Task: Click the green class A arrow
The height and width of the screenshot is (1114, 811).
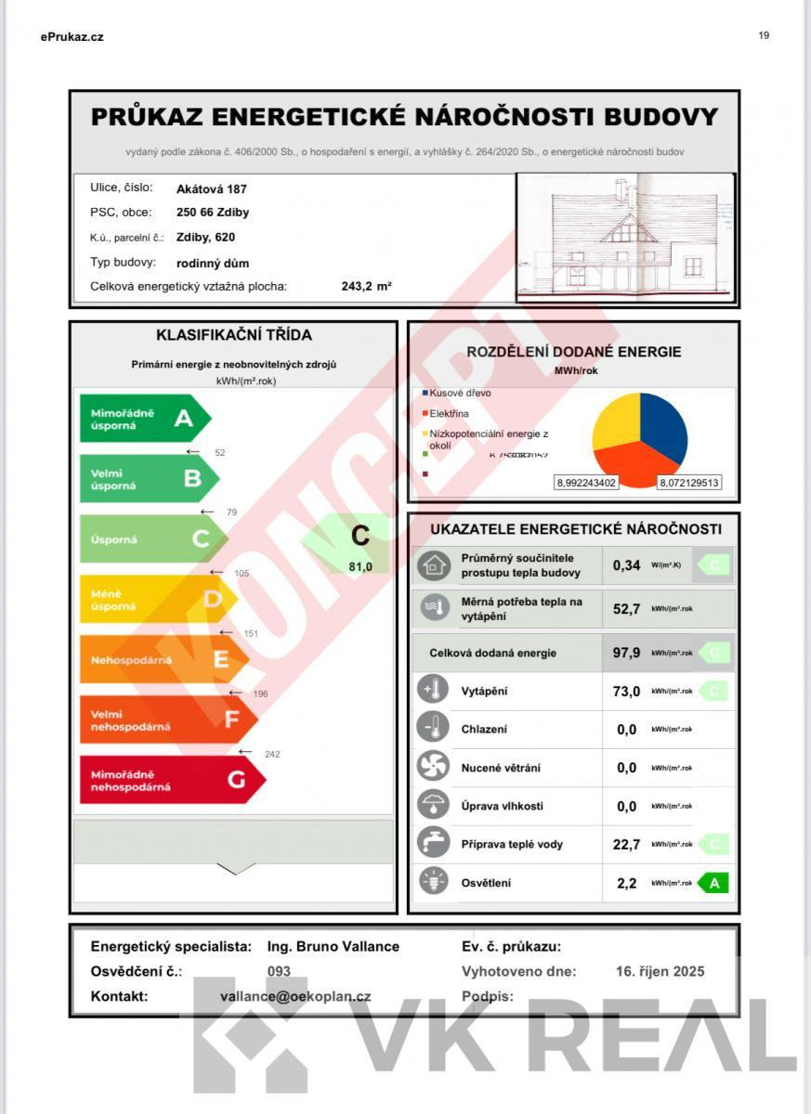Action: (x=144, y=419)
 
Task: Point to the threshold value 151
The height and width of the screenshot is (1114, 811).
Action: (x=250, y=634)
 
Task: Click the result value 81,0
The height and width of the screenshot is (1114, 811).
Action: (x=360, y=566)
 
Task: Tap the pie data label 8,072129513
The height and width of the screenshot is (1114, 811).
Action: (x=689, y=483)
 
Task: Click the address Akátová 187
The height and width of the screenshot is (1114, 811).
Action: (x=212, y=188)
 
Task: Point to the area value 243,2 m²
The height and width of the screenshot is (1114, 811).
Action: (x=366, y=286)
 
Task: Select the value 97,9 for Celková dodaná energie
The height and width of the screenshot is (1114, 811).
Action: (x=627, y=653)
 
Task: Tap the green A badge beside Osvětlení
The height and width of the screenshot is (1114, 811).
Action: (x=713, y=883)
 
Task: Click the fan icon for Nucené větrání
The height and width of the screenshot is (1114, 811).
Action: (x=433, y=768)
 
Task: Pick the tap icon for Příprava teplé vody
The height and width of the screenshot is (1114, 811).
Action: (x=433, y=844)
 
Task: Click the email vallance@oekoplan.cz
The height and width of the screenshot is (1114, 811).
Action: (x=295, y=996)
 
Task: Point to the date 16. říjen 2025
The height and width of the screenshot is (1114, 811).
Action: (x=660, y=972)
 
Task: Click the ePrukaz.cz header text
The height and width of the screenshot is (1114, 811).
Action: (x=72, y=37)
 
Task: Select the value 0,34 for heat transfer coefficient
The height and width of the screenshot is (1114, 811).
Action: (x=627, y=564)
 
